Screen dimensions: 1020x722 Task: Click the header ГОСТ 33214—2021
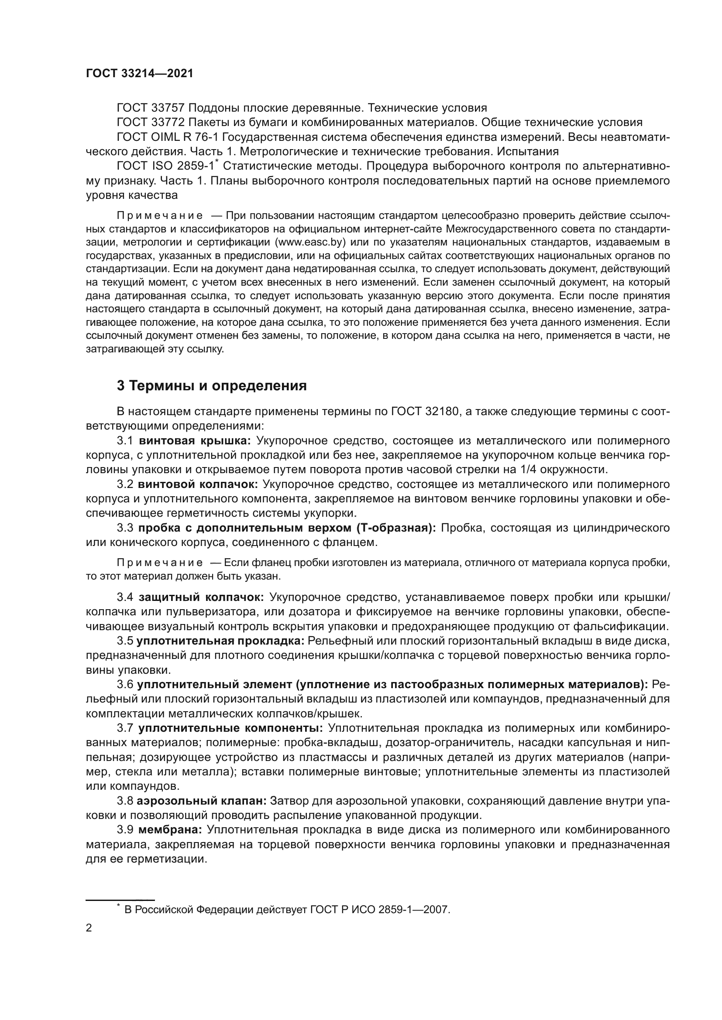tap(140, 74)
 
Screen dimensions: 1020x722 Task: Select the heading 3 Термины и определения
tap(212, 385)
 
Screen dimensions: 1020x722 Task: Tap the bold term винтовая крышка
tap(195, 441)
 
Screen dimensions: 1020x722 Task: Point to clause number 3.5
tap(125, 641)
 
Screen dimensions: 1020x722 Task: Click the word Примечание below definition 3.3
tap(160, 563)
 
